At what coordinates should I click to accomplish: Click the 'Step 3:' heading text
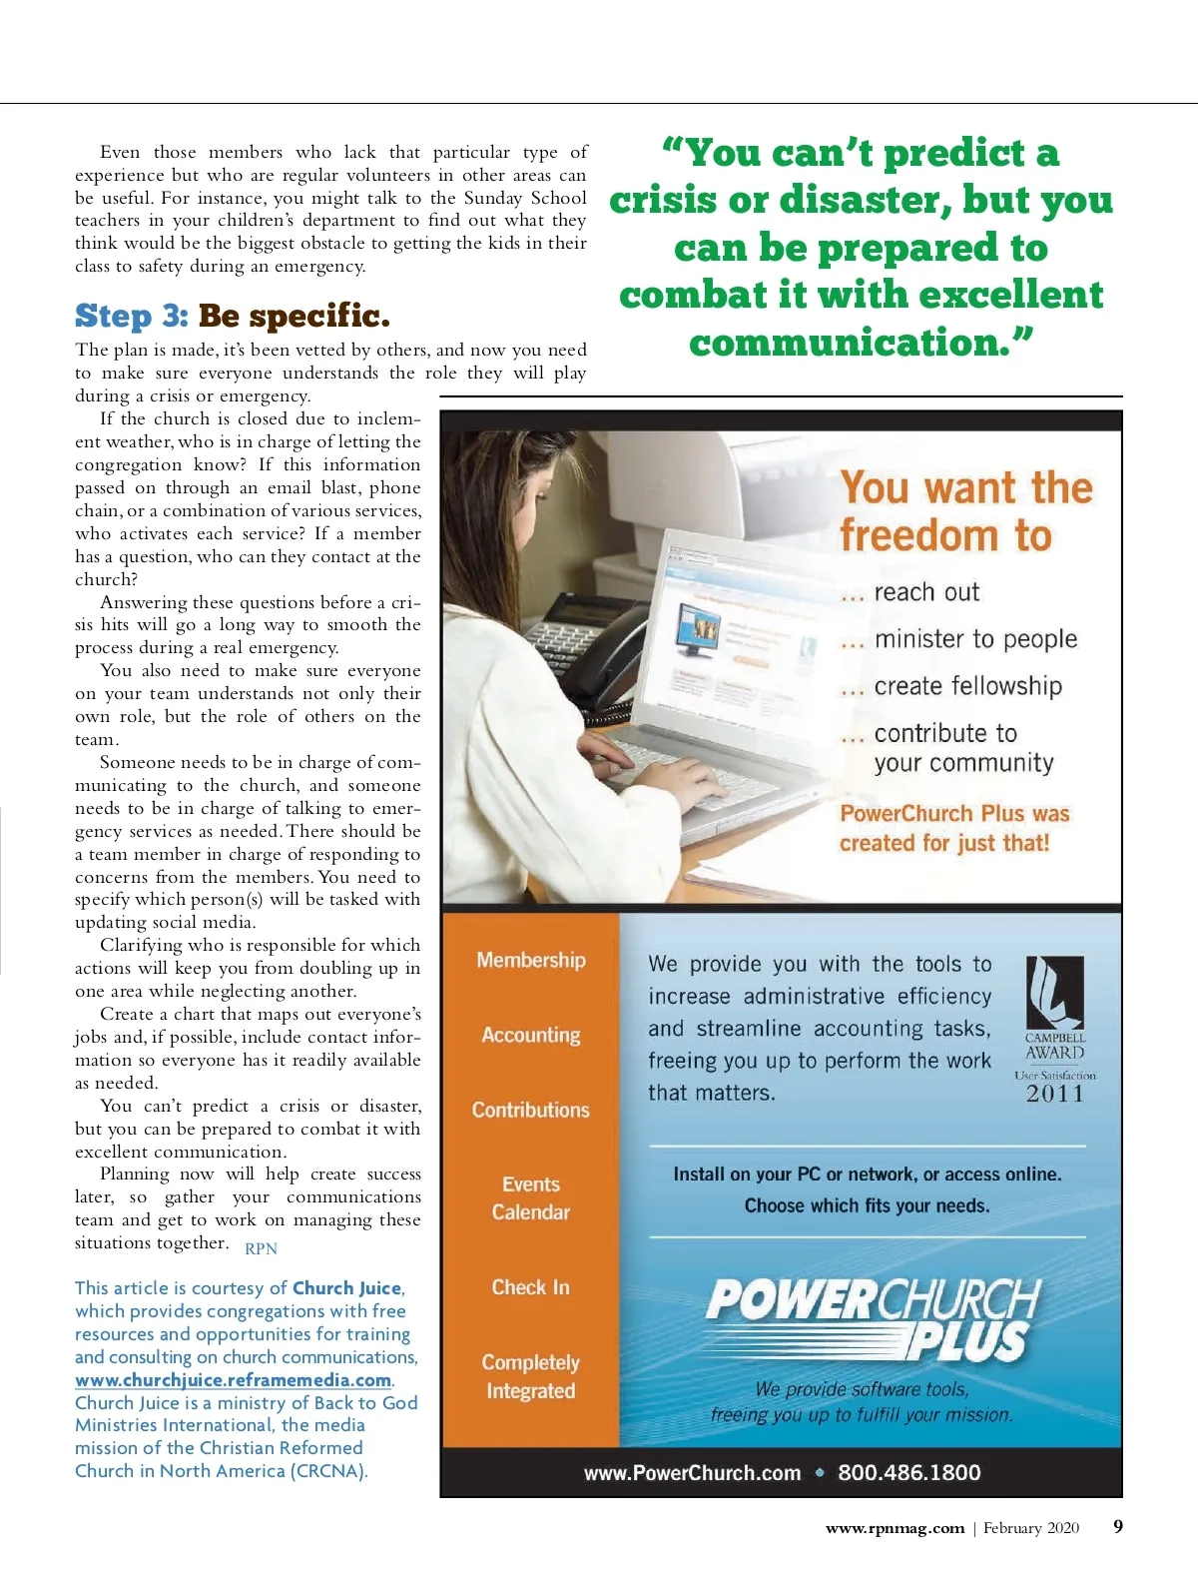tap(132, 316)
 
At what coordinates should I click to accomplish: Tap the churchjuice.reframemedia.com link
tap(233, 1380)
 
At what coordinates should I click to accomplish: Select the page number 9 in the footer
tap(1118, 1526)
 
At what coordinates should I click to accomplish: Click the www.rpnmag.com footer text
tap(895, 1528)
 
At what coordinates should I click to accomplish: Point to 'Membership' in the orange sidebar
tap(531, 960)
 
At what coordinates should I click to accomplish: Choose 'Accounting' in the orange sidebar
tap(531, 1035)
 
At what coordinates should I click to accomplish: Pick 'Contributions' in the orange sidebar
tap(531, 1110)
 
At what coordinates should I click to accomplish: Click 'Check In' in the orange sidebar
tap(531, 1287)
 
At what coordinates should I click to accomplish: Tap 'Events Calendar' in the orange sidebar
tap(531, 1198)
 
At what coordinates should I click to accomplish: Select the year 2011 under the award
tap(1055, 1094)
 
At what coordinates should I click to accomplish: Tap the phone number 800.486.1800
tap(909, 1472)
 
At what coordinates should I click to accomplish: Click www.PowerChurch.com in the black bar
tap(693, 1473)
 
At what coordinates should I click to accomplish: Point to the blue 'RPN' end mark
tap(262, 1248)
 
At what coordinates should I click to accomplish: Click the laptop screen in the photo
tap(729, 639)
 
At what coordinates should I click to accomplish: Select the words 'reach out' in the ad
tap(926, 592)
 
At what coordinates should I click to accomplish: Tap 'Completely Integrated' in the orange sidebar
tap(531, 1376)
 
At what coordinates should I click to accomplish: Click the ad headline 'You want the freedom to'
tap(965, 511)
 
